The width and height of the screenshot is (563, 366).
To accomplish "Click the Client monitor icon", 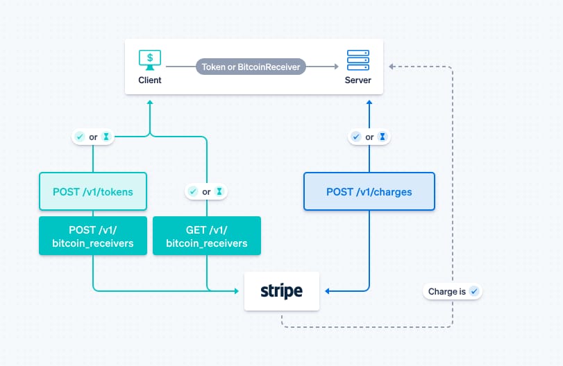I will click(x=149, y=58).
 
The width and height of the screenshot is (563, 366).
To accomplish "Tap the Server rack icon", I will click(x=358, y=59).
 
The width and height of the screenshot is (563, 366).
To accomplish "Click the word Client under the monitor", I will click(x=149, y=80).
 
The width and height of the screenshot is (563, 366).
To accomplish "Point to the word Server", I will click(x=358, y=80).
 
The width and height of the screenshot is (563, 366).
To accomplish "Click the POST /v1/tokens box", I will click(x=93, y=191).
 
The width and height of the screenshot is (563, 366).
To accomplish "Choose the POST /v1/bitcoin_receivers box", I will click(x=93, y=236).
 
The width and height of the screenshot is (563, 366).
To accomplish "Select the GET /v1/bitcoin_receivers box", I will click(x=207, y=236).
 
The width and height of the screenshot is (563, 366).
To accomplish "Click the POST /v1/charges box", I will click(x=369, y=191).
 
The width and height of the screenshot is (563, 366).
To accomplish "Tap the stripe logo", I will click(x=282, y=291).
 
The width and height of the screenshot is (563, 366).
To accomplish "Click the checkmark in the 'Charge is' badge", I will click(x=474, y=292).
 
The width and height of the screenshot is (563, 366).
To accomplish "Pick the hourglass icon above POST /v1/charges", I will click(x=382, y=137).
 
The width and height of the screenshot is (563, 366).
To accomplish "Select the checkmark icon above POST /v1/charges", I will click(x=356, y=137).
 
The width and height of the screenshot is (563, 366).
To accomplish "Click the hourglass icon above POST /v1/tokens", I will click(x=106, y=137).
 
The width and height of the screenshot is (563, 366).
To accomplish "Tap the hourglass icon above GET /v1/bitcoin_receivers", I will click(x=219, y=191).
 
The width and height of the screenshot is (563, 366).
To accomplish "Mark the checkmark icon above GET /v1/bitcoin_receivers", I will click(x=194, y=191).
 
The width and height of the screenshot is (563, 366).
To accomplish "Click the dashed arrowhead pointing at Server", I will click(x=392, y=67).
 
